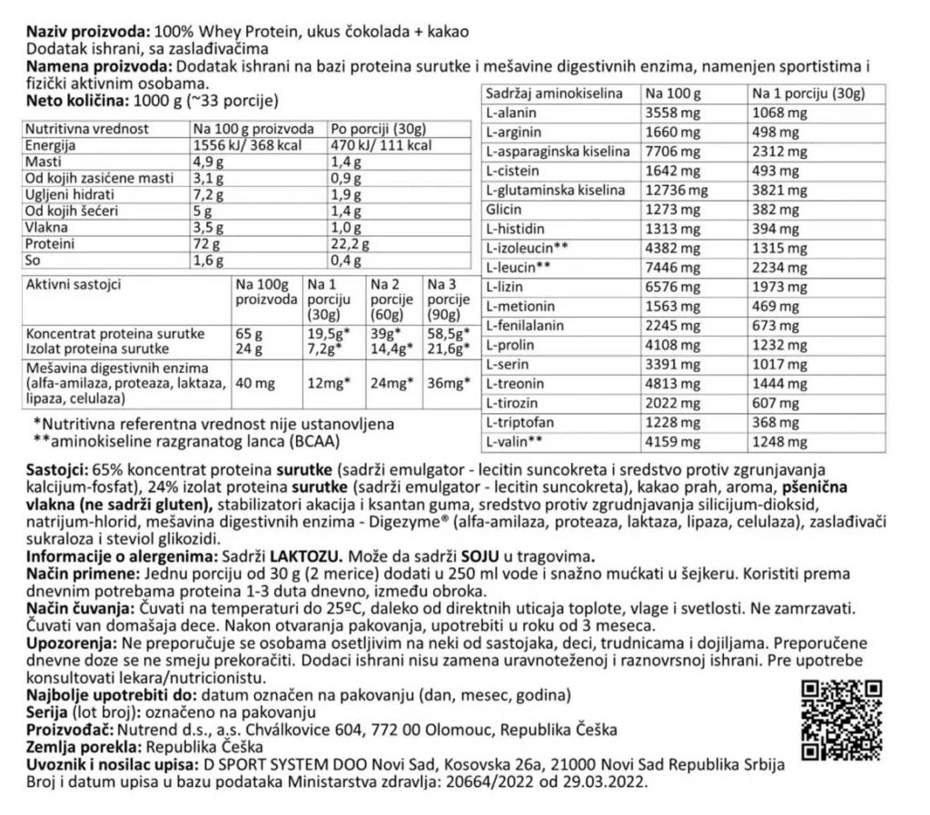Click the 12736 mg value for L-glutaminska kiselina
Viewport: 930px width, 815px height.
tap(674, 191)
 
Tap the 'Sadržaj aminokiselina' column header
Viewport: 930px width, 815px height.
tap(554, 93)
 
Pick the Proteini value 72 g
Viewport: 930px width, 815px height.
tap(206, 244)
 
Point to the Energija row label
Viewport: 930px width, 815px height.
tap(52, 145)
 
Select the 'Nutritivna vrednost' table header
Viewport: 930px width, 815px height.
tap(87, 129)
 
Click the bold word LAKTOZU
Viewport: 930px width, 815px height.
tap(311, 555)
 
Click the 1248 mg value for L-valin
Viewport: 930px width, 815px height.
tap(780, 442)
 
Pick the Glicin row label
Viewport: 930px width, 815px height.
tap(504, 210)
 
